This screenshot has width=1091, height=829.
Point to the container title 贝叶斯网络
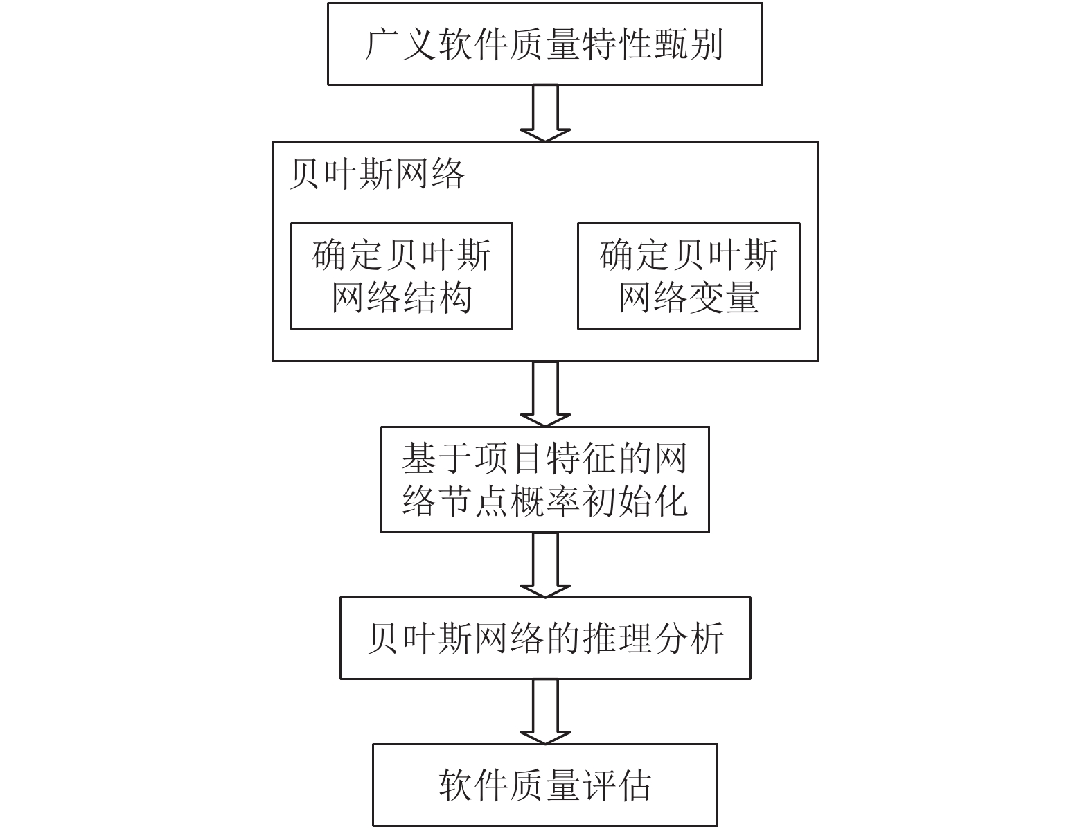tap(377, 175)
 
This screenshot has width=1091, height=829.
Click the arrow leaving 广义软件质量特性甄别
tap(545, 114)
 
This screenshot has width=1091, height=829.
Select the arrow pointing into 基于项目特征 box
tap(545, 394)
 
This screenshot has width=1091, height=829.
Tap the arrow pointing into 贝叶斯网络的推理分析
tap(545, 565)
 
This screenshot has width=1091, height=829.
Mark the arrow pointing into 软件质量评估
tap(545, 712)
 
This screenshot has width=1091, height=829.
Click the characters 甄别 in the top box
tap(689, 45)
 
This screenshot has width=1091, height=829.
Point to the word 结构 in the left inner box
tap(437, 298)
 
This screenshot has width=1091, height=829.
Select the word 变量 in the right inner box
tap(724, 298)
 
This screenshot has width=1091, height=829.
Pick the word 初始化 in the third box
tap(635, 501)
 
